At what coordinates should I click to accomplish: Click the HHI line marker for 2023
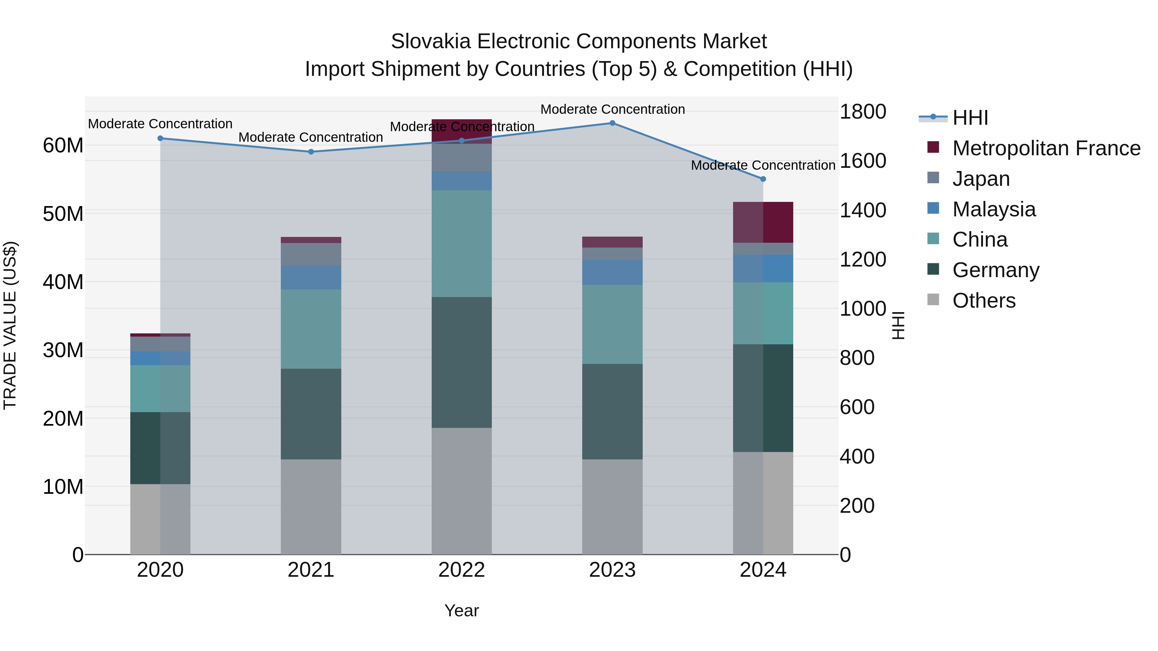coord(612,123)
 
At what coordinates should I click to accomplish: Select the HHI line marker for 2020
coord(161,138)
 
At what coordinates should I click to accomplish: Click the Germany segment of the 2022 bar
coord(462,362)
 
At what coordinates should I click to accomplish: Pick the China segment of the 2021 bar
coord(311,329)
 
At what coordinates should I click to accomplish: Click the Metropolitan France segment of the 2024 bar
coord(763,222)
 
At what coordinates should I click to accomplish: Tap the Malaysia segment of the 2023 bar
coord(612,272)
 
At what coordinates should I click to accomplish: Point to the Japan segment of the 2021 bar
coord(311,254)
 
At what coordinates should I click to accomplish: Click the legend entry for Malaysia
coord(994,209)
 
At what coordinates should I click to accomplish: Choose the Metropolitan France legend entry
coord(1046,148)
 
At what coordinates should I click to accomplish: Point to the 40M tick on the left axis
coord(63,282)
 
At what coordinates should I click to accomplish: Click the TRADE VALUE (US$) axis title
coord(10,325)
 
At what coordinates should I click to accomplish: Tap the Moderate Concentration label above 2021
coord(311,138)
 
